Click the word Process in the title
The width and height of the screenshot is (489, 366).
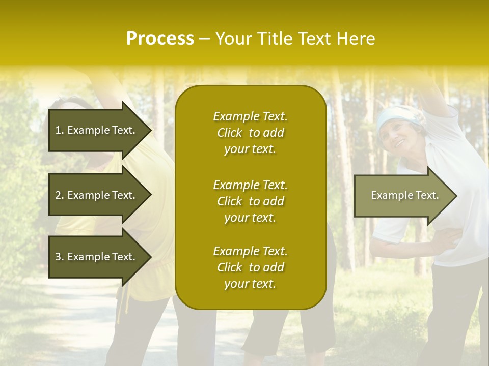pyautogui.click(x=160, y=39)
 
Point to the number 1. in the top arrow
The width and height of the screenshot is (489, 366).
pyautogui.click(x=60, y=130)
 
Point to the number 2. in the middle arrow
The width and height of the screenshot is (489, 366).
pyautogui.click(x=60, y=195)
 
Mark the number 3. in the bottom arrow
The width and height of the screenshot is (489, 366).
pyautogui.click(x=60, y=257)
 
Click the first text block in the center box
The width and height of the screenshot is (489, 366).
pyautogui.click(x=250, y=133)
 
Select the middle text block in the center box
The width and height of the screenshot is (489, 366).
pyautogui.click(x=250, y=201)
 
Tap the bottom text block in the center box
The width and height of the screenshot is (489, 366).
pyautogui.click(x=250, y=267)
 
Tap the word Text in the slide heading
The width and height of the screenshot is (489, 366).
pyautogui.click(x=314, y=39)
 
